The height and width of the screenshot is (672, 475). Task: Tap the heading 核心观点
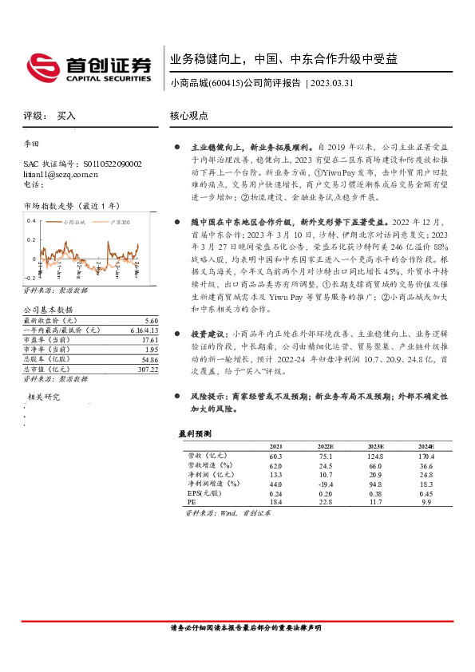pos(189,115)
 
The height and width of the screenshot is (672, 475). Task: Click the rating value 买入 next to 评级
pos(66,116)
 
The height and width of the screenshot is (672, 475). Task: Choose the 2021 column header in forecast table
pos(276,445)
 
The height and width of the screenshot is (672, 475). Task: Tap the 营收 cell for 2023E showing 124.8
pos(375,456)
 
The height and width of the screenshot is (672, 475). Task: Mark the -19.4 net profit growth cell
pos(326,484)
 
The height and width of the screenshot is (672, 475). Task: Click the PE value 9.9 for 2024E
pos(426,503)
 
